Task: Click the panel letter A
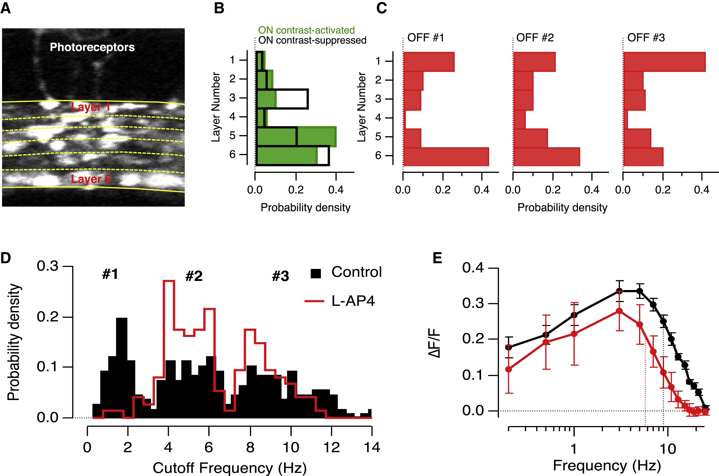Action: pos(6,8)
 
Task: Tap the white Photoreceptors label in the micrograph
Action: pos(92,47)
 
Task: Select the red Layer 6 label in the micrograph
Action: pos(91,179)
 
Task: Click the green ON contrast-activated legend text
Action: pos(306,30)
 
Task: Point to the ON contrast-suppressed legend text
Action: pos(312,40)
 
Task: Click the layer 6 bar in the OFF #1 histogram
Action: pos(446,157)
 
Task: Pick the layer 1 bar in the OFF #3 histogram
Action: pos(664,62)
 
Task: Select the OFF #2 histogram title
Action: pos(535,38)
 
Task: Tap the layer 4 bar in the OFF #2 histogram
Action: pos(519,119)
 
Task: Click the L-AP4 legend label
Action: pos(353,301)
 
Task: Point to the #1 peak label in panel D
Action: pos(110,274)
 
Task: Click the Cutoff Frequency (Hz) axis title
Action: pos(229,468)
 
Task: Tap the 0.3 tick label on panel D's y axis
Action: pos(48,266)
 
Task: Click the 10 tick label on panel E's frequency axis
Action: pos(668,449)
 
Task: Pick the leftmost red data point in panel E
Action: pos(509,369)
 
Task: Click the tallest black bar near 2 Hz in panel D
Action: pos(122,367)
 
